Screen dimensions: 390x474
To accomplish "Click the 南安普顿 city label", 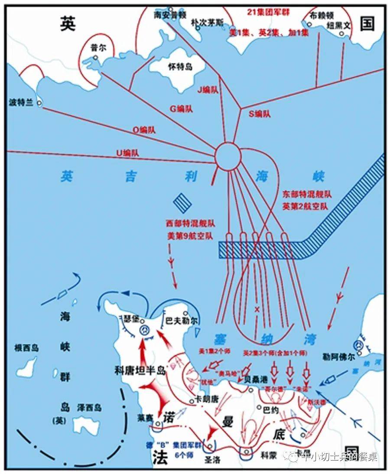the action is point(170,15).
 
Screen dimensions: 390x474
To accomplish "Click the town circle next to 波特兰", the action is point(39,103).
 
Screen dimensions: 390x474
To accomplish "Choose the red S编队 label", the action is point(260,114).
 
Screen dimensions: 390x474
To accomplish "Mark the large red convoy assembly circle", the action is point(228,156).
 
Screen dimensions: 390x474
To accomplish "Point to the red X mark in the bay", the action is point(257,309).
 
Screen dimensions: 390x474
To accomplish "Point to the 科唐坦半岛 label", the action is point(140,370).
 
